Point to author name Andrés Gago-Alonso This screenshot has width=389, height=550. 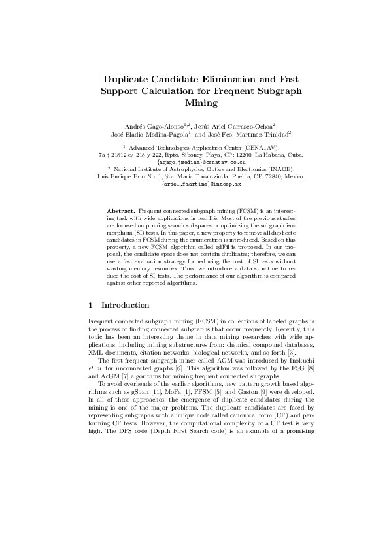pos(143,125)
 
